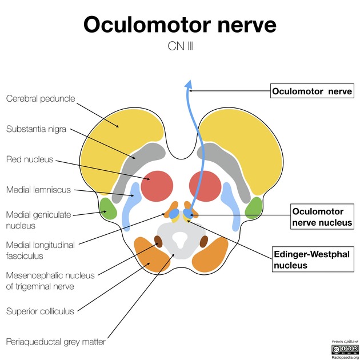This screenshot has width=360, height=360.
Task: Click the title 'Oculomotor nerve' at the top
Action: (x=180, y=25)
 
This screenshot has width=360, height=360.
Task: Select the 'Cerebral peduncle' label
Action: (x=41, y=98)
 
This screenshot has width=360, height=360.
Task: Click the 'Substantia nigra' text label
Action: (x=37, y=129)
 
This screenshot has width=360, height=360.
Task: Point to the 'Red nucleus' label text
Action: (x=30, y=159)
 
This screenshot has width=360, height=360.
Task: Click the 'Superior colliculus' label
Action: (x=40, y=311)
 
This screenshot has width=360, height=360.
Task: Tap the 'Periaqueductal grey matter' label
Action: (x=55, y=342)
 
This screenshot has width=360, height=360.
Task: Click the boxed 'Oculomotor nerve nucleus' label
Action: (x=322, y=217)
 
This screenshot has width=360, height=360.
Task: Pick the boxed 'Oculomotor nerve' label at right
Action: (x=312, y=91)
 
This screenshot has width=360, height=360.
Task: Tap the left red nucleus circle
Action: (x=157, y=186)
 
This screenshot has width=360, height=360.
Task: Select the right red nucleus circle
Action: (x=205, y=186)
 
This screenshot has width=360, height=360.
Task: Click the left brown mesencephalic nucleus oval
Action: (x=158, y=242)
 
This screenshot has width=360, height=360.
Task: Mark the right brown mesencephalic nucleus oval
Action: (x=203, y=242)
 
